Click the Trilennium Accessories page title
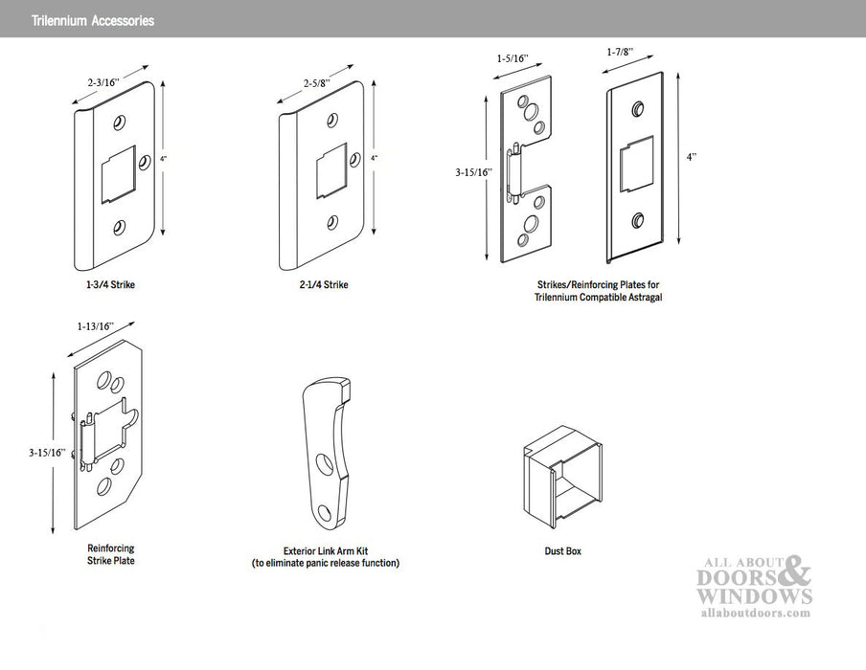coord(92,20)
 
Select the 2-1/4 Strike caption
coord(321,285)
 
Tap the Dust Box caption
coord(562,551)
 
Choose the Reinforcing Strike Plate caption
coord(110,555)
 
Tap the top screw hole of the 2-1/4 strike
coord(331,121)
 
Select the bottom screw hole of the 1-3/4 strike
coord(119,228)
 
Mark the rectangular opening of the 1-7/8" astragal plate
coord(637,167)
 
